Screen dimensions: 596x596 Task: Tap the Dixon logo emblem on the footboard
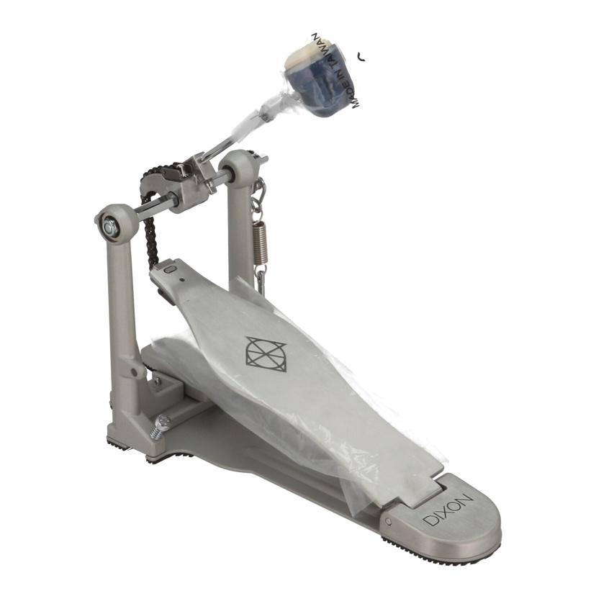266,353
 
